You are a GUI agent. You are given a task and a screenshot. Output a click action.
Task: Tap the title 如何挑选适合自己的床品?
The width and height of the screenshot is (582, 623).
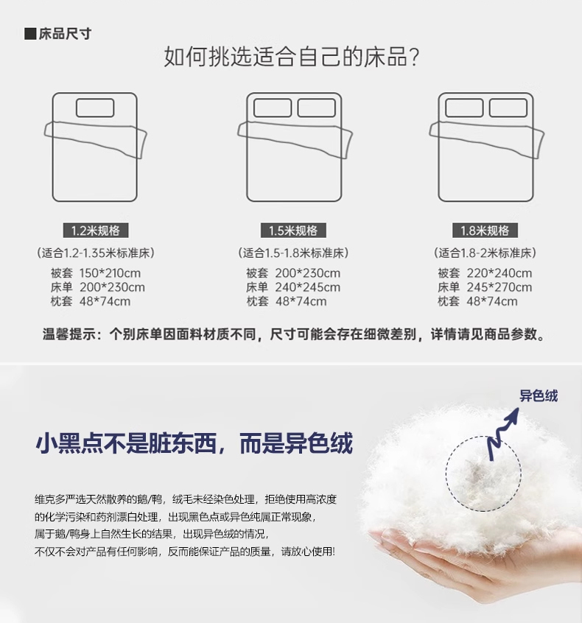292,57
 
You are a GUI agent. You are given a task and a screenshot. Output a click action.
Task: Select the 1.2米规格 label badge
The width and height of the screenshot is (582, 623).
96,230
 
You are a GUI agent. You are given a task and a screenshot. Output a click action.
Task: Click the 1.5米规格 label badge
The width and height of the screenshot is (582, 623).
293,230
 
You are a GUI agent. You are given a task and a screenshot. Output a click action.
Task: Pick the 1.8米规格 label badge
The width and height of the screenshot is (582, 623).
485,230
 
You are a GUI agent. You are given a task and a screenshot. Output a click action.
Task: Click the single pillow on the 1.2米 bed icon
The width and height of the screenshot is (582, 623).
95,108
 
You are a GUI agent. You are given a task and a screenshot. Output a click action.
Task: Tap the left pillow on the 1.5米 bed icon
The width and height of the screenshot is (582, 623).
273,108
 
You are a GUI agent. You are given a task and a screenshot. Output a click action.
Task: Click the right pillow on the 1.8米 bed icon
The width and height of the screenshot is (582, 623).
508,108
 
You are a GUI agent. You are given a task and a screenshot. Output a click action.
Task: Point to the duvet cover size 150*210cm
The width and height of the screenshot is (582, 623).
110,273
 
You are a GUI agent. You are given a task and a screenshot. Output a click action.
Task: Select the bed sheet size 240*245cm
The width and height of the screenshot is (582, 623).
308,287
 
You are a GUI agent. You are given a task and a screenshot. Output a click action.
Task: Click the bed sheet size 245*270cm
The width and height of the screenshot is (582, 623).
499,287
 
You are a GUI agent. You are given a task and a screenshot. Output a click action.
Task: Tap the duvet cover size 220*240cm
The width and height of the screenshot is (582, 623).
499,273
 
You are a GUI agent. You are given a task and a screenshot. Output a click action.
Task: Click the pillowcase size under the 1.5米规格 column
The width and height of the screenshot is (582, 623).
301,301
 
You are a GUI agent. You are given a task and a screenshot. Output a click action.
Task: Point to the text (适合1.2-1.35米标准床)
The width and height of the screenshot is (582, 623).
96,253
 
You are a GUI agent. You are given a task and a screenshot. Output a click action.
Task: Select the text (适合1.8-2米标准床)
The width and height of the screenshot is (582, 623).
485,253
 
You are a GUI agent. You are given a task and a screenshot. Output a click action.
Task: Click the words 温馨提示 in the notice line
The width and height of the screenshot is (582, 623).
69,334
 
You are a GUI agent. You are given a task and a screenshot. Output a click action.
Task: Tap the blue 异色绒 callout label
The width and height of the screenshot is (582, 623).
539,395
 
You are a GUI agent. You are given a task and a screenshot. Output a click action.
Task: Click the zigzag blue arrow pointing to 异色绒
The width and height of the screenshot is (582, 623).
502,434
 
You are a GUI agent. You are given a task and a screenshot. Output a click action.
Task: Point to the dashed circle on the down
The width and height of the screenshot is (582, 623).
483,436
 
